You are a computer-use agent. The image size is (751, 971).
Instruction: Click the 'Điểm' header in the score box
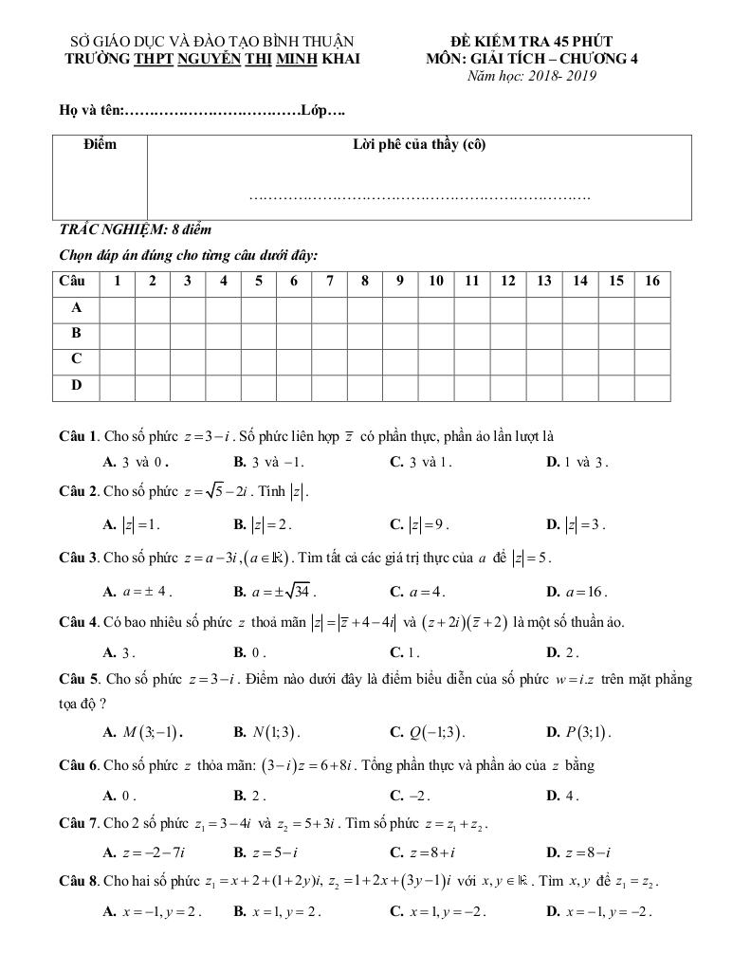tap(100, 144)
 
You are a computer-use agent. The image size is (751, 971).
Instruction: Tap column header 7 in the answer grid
tap(329, 281)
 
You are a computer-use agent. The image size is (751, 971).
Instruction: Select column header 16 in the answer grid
tap(652, 281)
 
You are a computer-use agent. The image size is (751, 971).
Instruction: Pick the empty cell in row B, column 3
tap(188, 334)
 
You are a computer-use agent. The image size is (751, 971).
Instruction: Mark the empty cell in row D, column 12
tap(508, 385)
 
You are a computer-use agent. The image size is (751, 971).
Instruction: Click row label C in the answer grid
tap(77, 359)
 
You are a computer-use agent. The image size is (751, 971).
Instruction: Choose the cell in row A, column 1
tap(117, 308)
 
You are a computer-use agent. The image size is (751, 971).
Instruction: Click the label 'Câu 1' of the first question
tap(79, 437)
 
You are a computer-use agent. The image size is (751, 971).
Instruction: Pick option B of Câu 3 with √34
tap(274, 592)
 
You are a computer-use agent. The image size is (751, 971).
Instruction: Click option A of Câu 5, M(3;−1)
tap(143, 732)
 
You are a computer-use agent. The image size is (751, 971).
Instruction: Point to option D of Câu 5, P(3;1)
tap(582, 732)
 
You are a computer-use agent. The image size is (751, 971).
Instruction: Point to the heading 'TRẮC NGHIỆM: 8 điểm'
tap(136, 230)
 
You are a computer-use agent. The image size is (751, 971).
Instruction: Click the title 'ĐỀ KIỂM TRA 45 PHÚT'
tap(532, 42)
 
